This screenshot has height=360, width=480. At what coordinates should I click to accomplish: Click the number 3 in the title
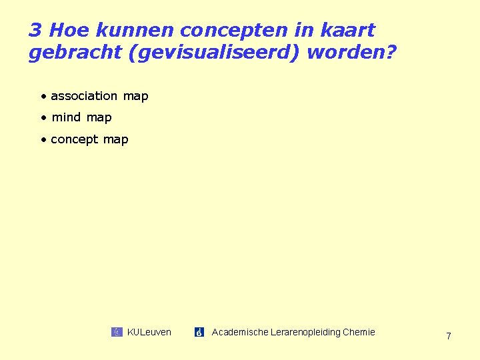[x=35, y=31]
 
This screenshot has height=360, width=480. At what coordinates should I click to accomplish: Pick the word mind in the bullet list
[x=66, y=117]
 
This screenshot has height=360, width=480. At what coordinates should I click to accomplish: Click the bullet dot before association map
[x=43, y=96]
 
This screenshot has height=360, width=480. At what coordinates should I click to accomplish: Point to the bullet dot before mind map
[x=43, y=118]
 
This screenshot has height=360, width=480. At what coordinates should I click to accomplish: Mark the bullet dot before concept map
[x=43, y=139]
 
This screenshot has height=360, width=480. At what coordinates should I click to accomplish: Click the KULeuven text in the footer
[x=149, y=332]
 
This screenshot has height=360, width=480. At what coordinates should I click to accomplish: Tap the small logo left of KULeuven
[x=117, y=332]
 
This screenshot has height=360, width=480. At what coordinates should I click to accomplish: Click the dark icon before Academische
[x=199, y=332]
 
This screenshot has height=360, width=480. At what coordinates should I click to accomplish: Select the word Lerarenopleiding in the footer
[x=304, y=332]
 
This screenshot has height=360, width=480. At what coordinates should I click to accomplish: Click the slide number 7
[x=448, y=337]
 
